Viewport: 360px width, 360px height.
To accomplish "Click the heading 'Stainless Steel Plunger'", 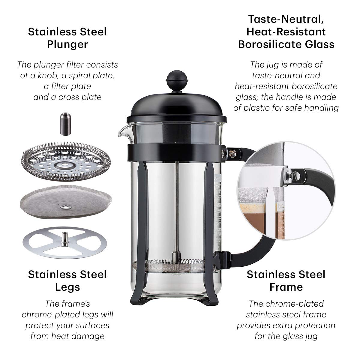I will coord(67,38).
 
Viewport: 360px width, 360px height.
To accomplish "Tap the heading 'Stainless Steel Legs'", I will coord(67,280).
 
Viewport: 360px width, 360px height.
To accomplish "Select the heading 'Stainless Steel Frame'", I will coord(286,280).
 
